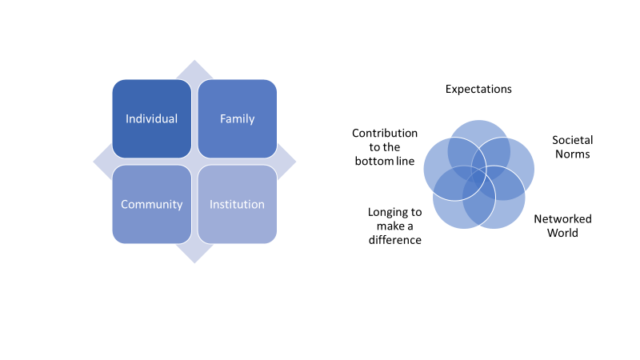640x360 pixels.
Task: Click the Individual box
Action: pyautogui.click(x=151, y=118)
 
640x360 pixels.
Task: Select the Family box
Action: pyautogui.click(x=237, y=118)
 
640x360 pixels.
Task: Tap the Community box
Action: pyautogui.click(x=151, y=204)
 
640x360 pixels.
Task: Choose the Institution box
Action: pyautogui.click(x=237, y=204)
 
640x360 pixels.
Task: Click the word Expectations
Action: pyautogui.click(x=478, y=89)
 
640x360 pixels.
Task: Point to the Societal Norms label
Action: pyautogui.click(x=572, y=146)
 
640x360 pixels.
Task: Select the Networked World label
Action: pyautogui.click(x=562, y=226)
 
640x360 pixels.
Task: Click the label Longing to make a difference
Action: pyautogui.click(x=394, y=226)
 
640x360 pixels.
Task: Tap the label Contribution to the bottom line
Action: pyautogui.click(x=385, y=146)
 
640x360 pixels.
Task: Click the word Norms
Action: pyautogui.click(x=573, y=154)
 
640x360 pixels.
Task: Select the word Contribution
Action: pyautogui.click(x=385, y=132)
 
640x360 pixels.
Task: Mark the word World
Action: pyautogui.click(x=562, y=233)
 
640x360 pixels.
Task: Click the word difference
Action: pyautogui.click(x=394, y=239)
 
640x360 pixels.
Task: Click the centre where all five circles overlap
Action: pyautogui.click(x=478, y=173)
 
